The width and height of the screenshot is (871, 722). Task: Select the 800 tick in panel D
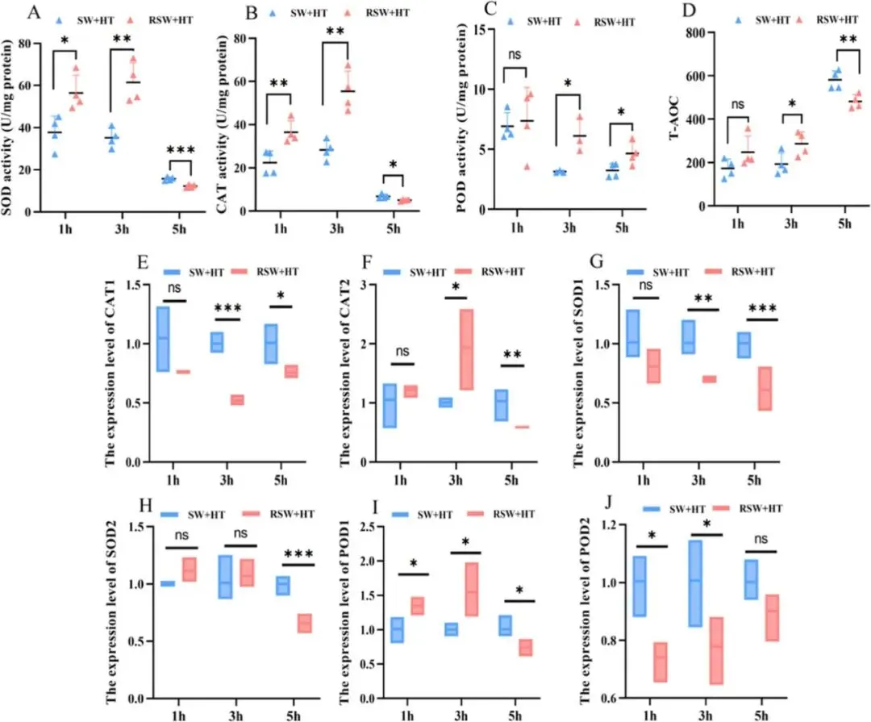tap(697, 33)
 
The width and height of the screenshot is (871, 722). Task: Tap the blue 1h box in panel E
tap(163, 339)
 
